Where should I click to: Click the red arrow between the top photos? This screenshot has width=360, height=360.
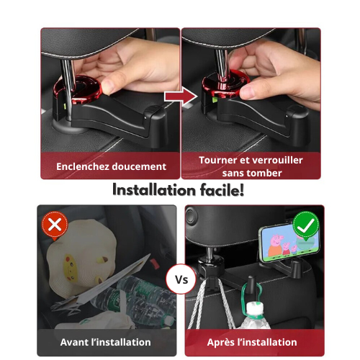point(181,96)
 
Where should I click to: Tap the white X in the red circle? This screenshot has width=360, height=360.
point(55,225)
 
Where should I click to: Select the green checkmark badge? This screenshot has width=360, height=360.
point(306,226)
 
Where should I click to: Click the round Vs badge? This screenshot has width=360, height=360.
point(181,279)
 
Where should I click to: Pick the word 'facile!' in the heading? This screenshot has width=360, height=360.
point(222,190)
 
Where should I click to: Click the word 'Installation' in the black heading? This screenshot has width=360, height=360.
point(154,190)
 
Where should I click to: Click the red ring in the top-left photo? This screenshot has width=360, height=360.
point(77,90)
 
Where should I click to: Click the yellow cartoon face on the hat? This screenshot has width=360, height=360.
point(71,268)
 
